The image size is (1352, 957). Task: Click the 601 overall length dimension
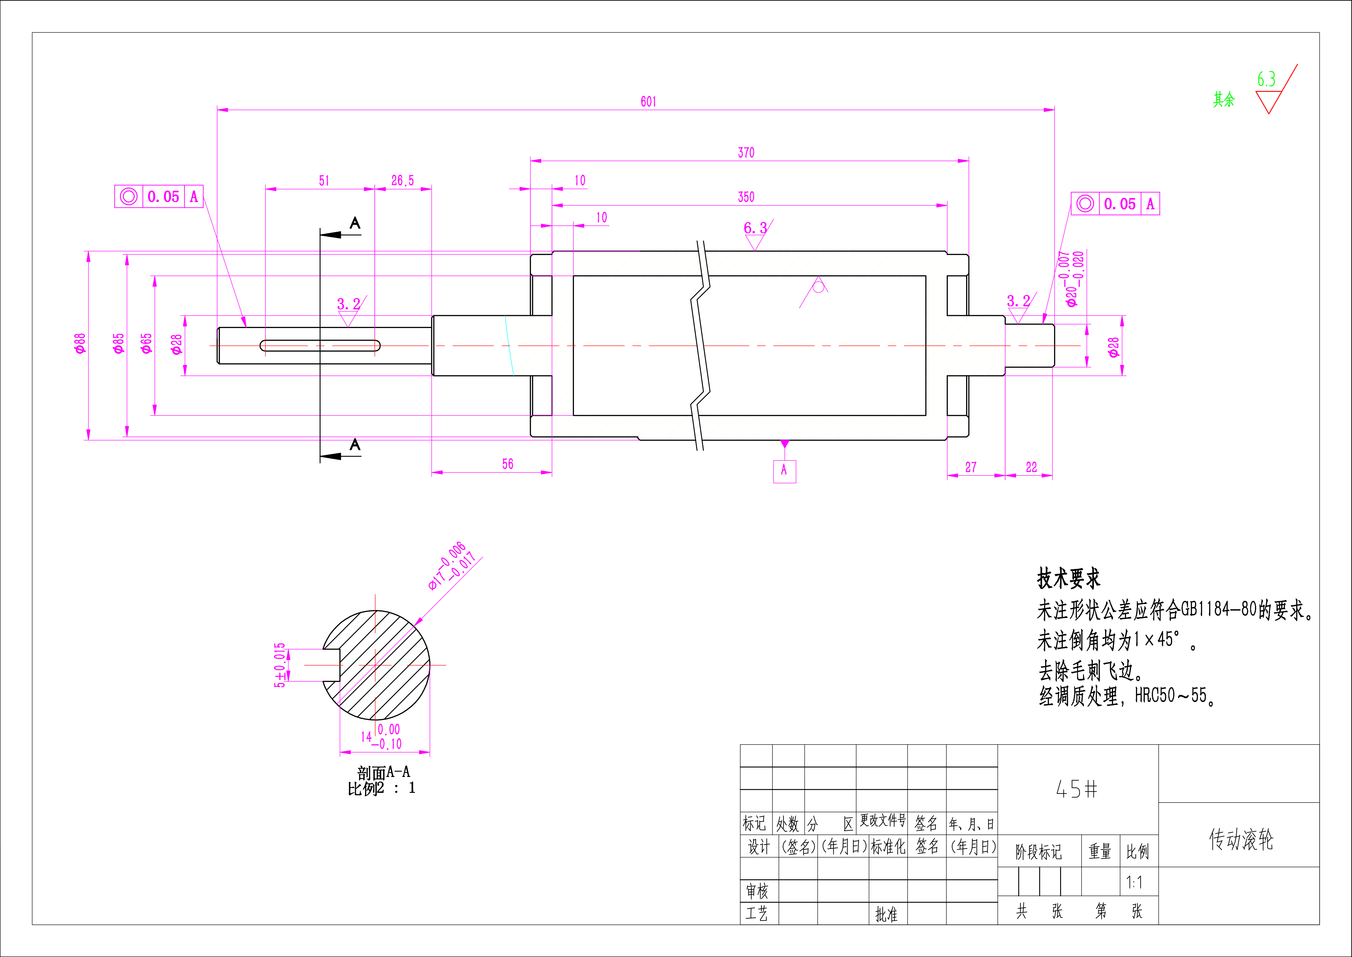[x=648, y=101]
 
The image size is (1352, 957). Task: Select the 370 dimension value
[x=746, y=153]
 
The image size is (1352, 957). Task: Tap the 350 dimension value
[x=746, y=197]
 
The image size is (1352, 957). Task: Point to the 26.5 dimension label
[x=403, y=180]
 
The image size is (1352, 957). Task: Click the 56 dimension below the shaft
[x=508, y=464]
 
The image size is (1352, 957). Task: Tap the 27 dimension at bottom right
[x=971, y=467]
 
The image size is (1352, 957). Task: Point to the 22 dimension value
[x=1031, y=467]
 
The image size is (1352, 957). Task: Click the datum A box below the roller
[x=784, y=471]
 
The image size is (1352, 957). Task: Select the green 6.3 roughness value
[x=1266, y=79]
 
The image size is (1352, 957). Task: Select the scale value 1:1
[x=1134, y=882]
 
